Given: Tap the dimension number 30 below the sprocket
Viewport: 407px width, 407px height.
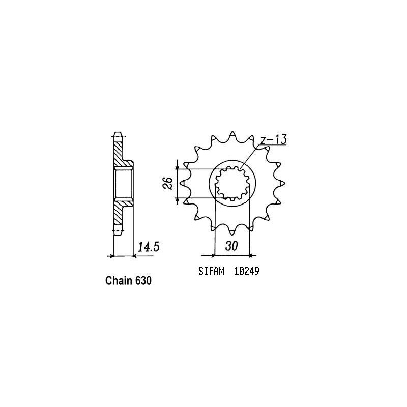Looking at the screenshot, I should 231,246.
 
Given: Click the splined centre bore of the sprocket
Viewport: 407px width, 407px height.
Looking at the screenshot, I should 231,184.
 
